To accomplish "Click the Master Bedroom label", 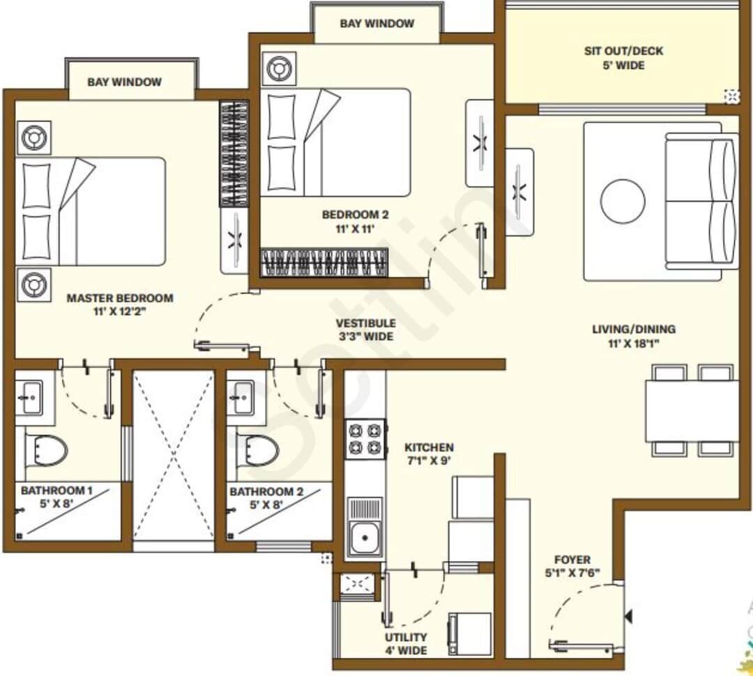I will (120, 305).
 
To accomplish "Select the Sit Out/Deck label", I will (623, 58).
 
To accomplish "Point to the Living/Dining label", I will (633, 336).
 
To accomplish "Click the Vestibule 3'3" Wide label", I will (365, 330).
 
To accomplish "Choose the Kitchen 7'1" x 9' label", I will (429, 454).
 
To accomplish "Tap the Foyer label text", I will (572, 566).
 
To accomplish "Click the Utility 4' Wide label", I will (406, 644).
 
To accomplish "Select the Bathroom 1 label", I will (56, 497).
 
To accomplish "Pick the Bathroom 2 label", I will (266, 498).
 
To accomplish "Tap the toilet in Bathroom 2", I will (257, 450).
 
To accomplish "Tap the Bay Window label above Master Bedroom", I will (124, 82).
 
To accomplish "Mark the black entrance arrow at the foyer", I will (629, 617).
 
